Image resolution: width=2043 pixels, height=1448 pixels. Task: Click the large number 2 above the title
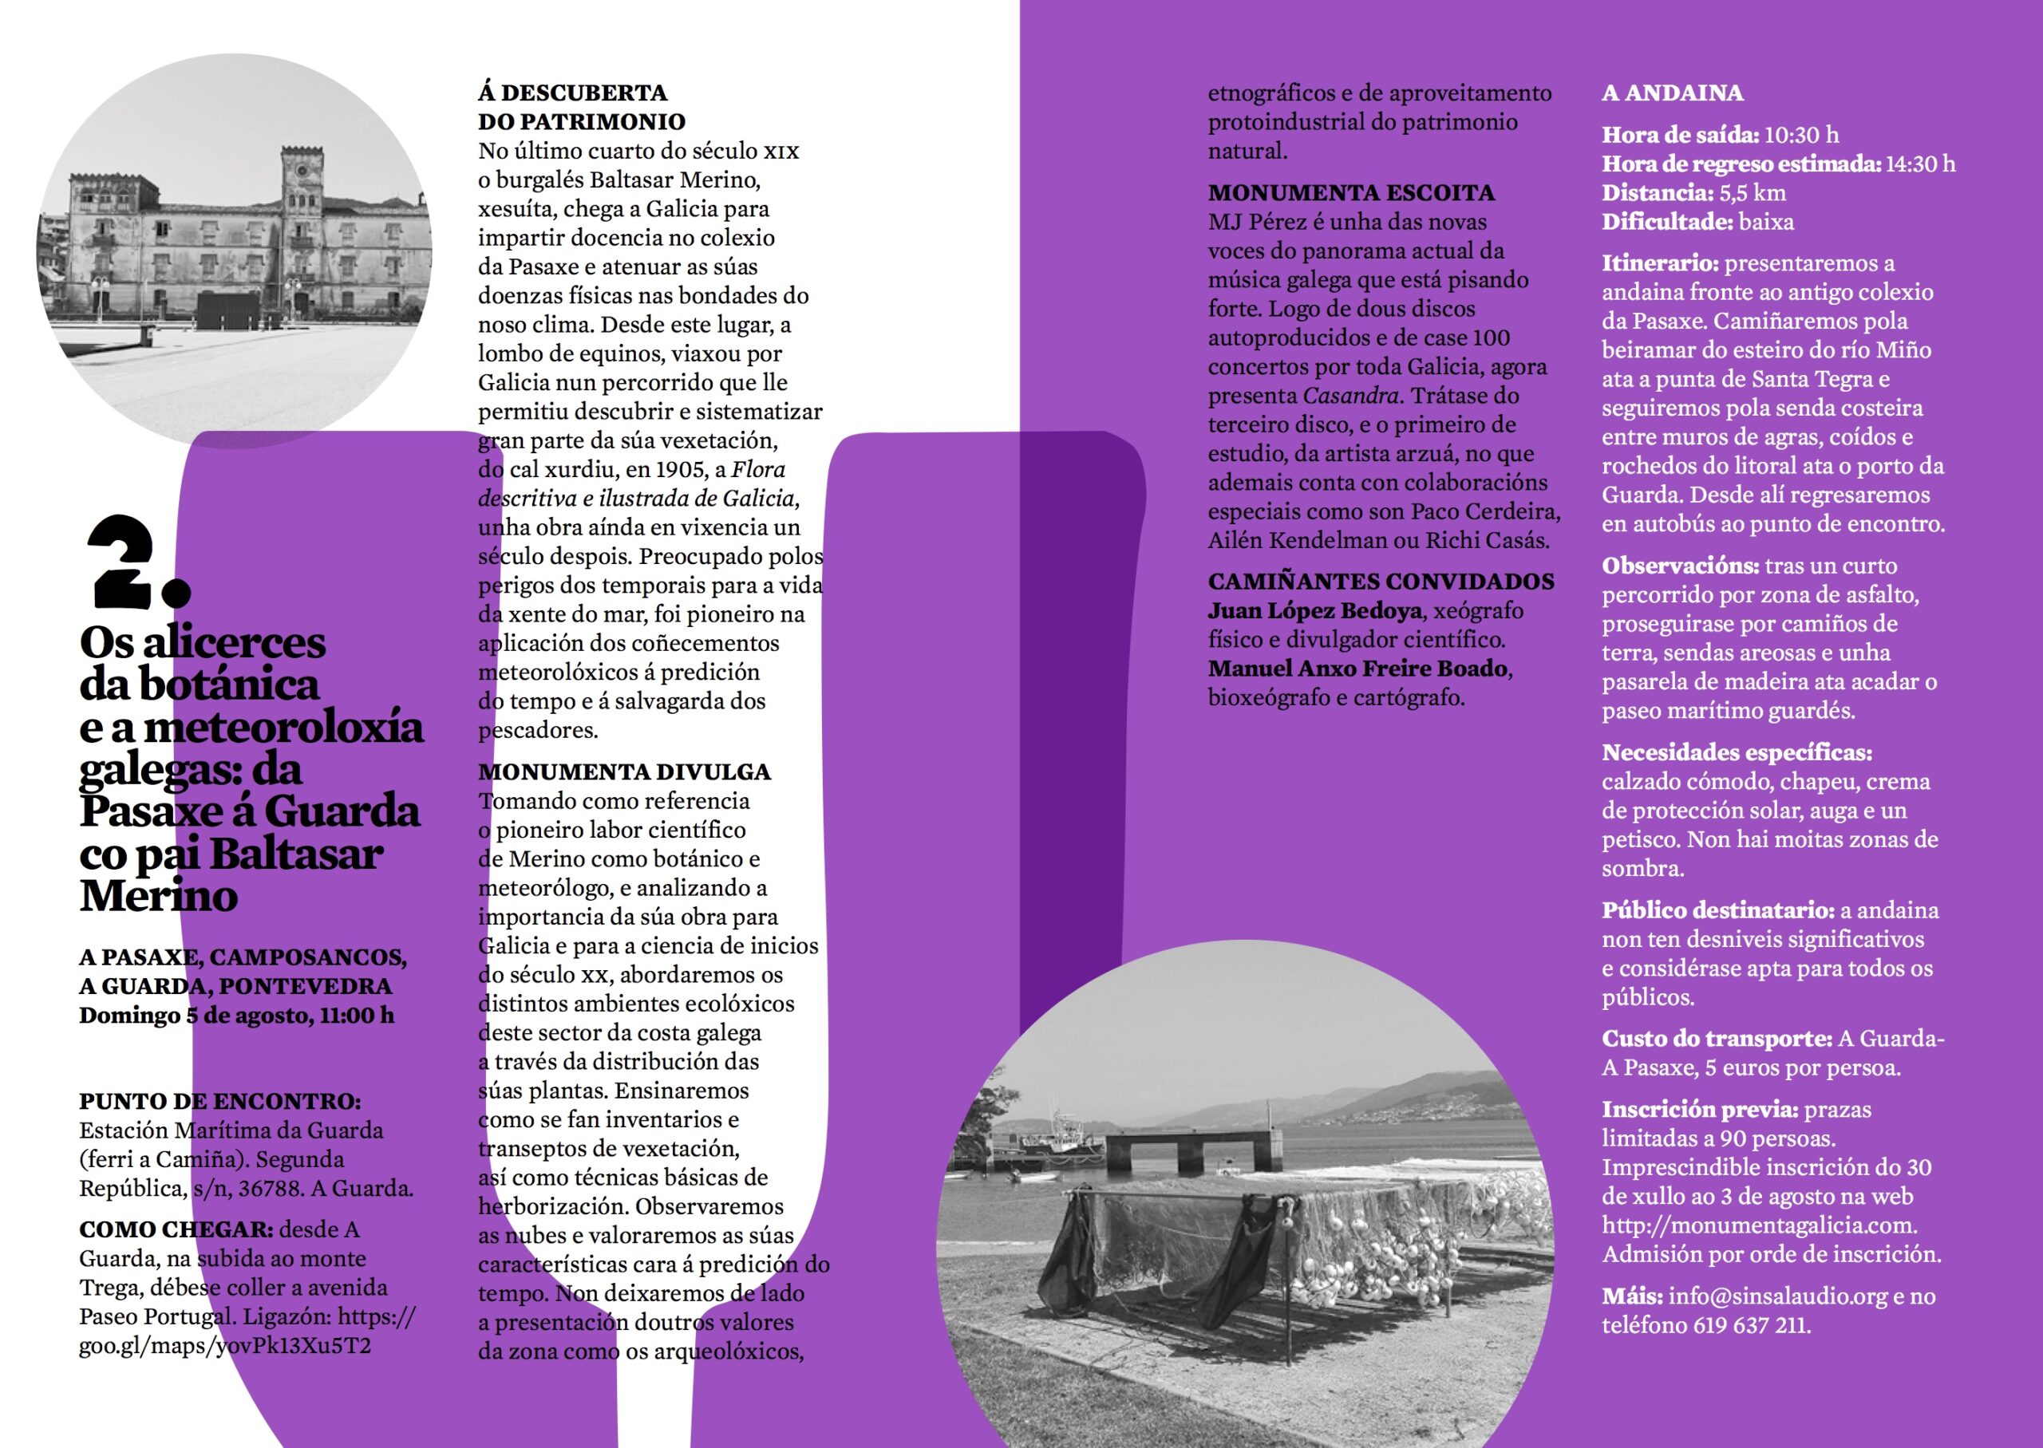(124, 562)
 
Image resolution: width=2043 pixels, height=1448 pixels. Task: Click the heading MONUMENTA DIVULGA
(624, 772)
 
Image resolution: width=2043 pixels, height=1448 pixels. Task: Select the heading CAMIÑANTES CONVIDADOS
(1381, 582)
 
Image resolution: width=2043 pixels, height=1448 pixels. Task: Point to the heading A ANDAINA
(1672, 93)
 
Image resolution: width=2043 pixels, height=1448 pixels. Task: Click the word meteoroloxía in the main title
(283, 728)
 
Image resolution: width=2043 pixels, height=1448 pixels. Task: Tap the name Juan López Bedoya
(1314, 612)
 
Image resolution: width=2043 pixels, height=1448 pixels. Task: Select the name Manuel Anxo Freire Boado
(1357, 669)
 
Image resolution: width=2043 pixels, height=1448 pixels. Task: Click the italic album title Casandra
(1351, 396)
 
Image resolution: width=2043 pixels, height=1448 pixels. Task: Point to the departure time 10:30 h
(1801, 136)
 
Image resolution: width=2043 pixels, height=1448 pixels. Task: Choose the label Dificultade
(1666, 222)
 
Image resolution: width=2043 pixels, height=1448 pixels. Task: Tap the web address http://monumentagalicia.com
(1759, 1226)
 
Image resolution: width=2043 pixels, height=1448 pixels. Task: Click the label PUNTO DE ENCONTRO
(219, 1102)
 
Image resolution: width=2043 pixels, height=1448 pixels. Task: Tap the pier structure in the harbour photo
(1185, 1150)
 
